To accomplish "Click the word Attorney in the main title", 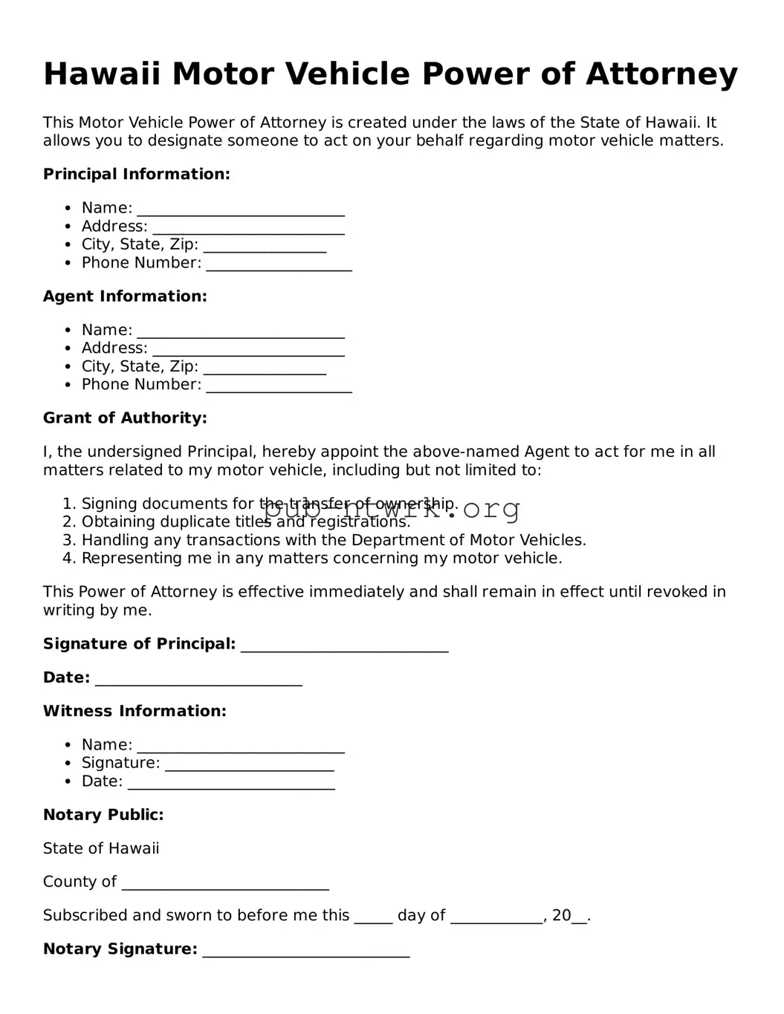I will point(661,74).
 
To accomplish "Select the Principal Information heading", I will point(137,175).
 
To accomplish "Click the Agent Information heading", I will point(125,296).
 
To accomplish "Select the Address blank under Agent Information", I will point(248,350).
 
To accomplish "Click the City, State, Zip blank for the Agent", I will point(265,368).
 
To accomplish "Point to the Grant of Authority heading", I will point(125,418).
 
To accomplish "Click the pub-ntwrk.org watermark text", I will point(392,510).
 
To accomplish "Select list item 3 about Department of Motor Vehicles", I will point(333,540).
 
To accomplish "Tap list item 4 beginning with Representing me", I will point(321,559).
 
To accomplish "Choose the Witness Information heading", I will point(135,711).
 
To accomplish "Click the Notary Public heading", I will point(103,815).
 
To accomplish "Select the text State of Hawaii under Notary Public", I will point(101,848).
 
